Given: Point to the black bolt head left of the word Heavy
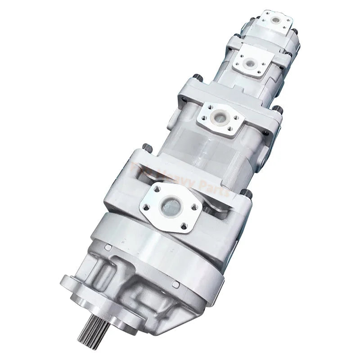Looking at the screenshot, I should coord(146,146).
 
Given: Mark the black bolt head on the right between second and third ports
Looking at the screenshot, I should coord(278,109).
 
